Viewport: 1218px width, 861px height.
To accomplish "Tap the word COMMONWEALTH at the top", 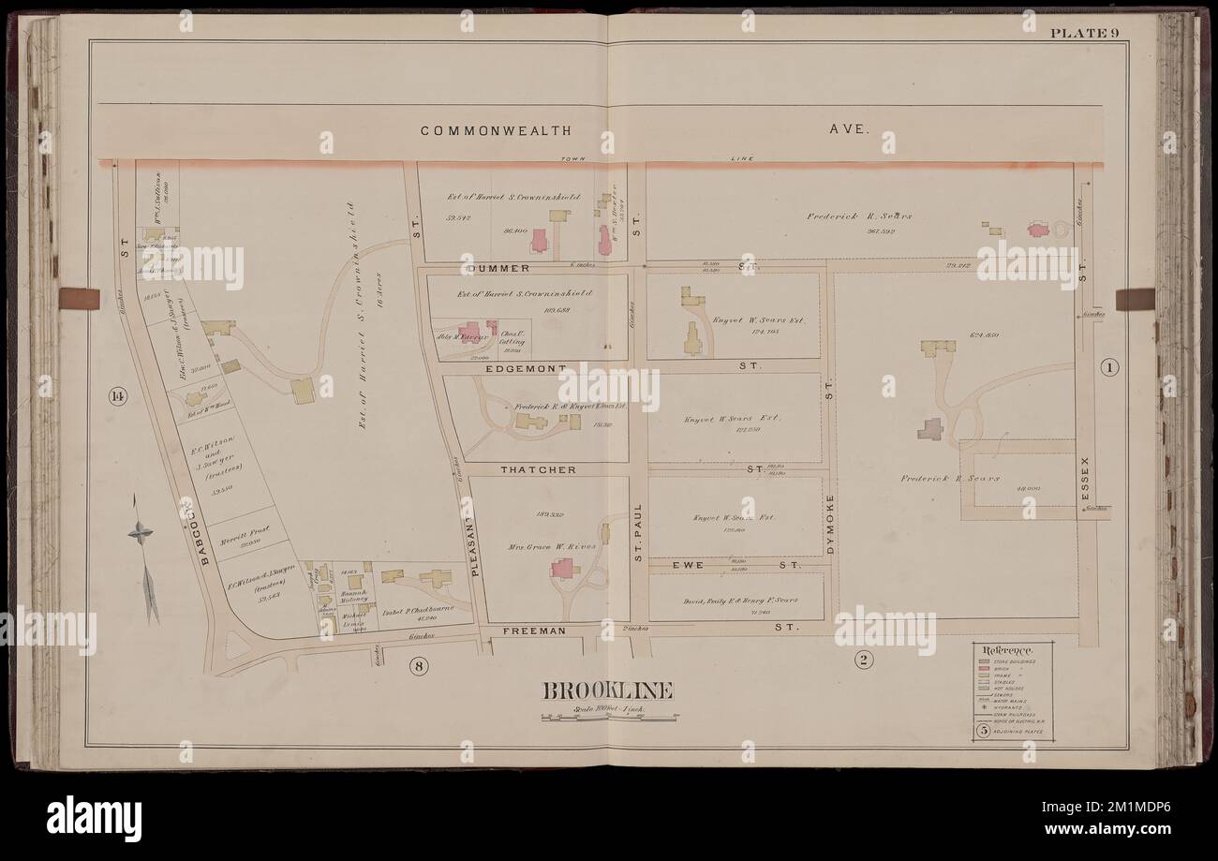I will (495, 131).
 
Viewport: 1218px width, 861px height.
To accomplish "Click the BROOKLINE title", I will (608, 692).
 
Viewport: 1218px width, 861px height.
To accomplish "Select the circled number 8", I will (419, 665).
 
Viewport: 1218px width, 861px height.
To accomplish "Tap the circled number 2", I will (863, 661).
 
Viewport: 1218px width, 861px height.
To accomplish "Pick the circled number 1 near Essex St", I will (1109, 366).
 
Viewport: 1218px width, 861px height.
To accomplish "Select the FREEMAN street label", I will (535, 631).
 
